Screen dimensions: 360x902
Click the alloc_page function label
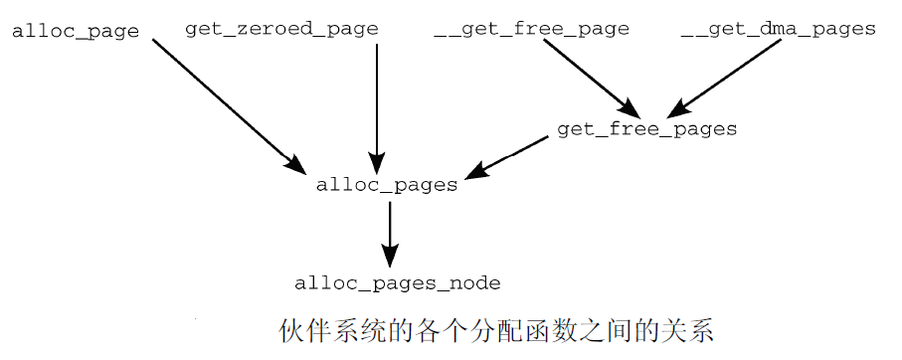coord(75,31)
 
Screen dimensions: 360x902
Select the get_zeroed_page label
coord(281,29)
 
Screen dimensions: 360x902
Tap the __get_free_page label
coord(531,29)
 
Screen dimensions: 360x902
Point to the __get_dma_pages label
coord(778,29)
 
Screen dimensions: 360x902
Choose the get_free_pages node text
coord(646,129)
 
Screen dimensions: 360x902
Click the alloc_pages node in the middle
coord(386,185)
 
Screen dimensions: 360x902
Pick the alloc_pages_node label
coord(397,283)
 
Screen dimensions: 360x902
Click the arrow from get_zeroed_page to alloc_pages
coord(376,99)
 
